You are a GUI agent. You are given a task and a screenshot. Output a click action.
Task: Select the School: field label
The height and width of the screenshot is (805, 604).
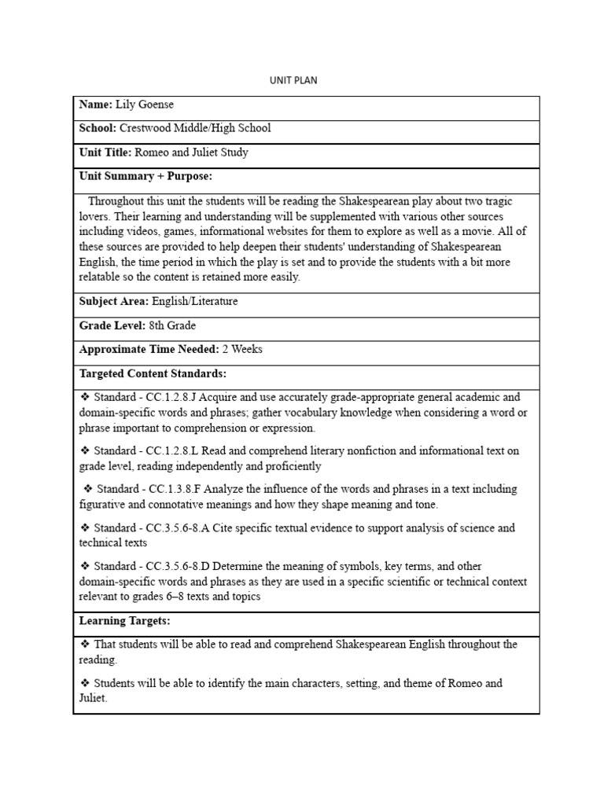pyautogui.click(x=98, y=128)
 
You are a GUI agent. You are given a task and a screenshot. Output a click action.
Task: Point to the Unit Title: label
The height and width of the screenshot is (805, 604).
pyautogui.click(x=105, y=153)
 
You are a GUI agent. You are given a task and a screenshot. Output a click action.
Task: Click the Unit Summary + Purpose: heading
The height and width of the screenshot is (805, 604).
pyautogui.click(x=145, y=176)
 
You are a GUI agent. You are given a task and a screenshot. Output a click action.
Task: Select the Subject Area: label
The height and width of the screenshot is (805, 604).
pyautogui.click(x=114, y=301)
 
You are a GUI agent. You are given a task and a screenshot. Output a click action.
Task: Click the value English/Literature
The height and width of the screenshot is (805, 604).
pyautogui.click(x=195, y=301)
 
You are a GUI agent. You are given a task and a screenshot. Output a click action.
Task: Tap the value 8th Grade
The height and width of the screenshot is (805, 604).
pyautogui.click(x=172, y=325)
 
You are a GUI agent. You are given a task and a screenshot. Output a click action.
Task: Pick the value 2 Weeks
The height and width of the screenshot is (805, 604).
pyautogui.click(x=242, y=349)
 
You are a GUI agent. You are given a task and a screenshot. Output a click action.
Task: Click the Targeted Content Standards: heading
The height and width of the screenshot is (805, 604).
pyautogui.click(x=153, y=373)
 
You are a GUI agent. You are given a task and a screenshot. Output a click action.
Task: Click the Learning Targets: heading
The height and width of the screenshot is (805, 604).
pyautogui.click(x=124, y=621)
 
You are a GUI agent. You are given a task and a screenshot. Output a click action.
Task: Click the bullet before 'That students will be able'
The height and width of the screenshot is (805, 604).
pyautogui.click(x=84, y=645)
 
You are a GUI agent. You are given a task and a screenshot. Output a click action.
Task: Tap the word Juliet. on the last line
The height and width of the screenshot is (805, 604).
pyautogui.click(x=94, y=698)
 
